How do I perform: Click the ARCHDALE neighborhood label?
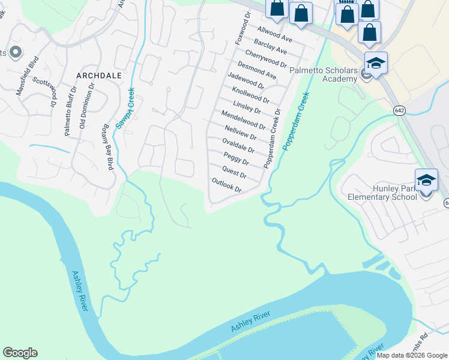[x=99, y=76]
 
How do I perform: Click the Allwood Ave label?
[x=274, y=34]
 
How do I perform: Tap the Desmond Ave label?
[x=256, y=70]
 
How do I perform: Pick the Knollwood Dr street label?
[x=250, y=94]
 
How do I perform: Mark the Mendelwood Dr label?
[x=243, y=120]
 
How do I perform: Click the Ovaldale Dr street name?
[x=238, y=145]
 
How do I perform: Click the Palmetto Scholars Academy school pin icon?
[x=376, y=64]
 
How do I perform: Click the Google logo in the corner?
[x=20, y=353]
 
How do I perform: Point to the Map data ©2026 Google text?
[x=412, y=355]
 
